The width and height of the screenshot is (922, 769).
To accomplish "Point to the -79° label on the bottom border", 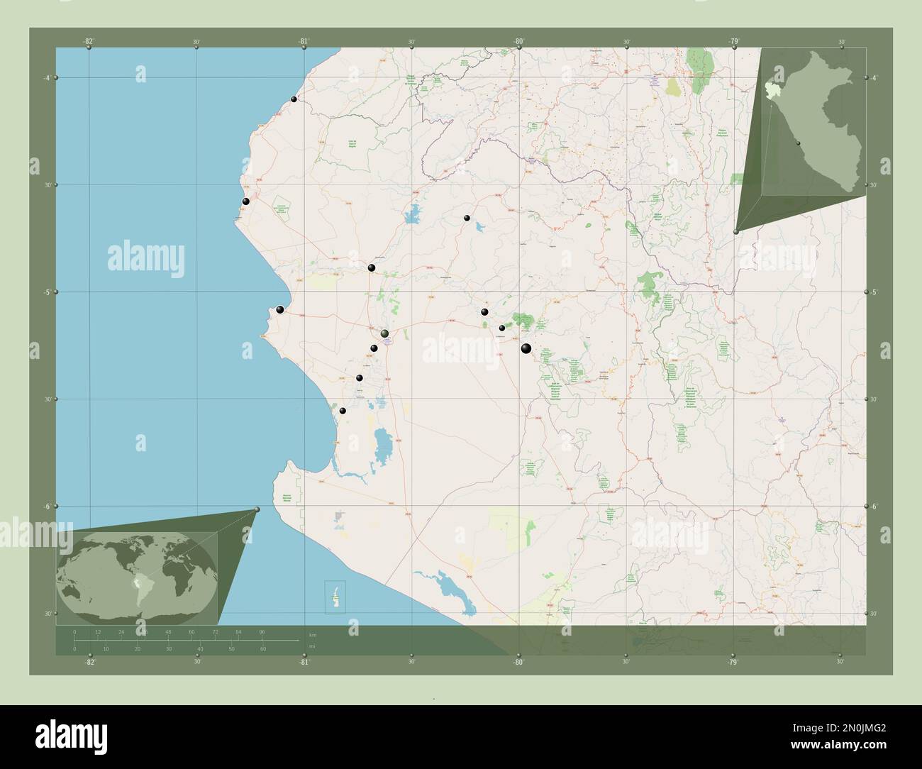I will click(x=733, y=662).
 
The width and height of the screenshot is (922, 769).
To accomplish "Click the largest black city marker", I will click(x=526, y=348).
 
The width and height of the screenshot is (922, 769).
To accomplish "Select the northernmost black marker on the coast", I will click(x=294, y=99).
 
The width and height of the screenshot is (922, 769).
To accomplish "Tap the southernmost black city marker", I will click(x=343, y=411).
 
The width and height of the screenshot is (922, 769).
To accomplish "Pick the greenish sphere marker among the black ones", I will click(x=384, y=333).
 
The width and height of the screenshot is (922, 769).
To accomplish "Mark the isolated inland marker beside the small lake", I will click(x=467, y=218).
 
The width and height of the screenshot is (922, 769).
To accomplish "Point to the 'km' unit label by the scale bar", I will click(x=312, y=634).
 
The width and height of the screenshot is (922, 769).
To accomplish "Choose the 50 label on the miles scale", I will click(x=231, y=649).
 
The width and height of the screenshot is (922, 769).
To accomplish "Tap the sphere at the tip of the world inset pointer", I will click(x=257, y=509).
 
